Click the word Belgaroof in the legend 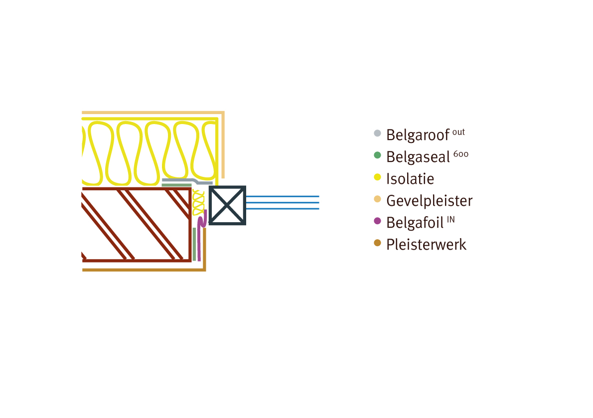click(418, 135)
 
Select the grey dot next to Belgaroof click(377, 134)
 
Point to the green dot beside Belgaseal click(377, 155)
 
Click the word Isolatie click(410, 179)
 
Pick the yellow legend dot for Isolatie click(377, 177)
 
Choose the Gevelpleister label click(429, 201)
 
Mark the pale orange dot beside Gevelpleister click(377, 199)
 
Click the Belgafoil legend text click(415, 223)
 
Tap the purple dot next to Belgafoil click(377, 221)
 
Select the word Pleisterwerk click(426, 245)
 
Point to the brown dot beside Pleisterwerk click(377, 243)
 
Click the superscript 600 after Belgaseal click(461, 154)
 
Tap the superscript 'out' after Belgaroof click(458, 133)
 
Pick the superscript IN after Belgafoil click(450, 220)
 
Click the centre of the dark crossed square click(227, 205)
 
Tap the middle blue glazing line click(282, 202)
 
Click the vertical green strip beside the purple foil click(194, 244)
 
